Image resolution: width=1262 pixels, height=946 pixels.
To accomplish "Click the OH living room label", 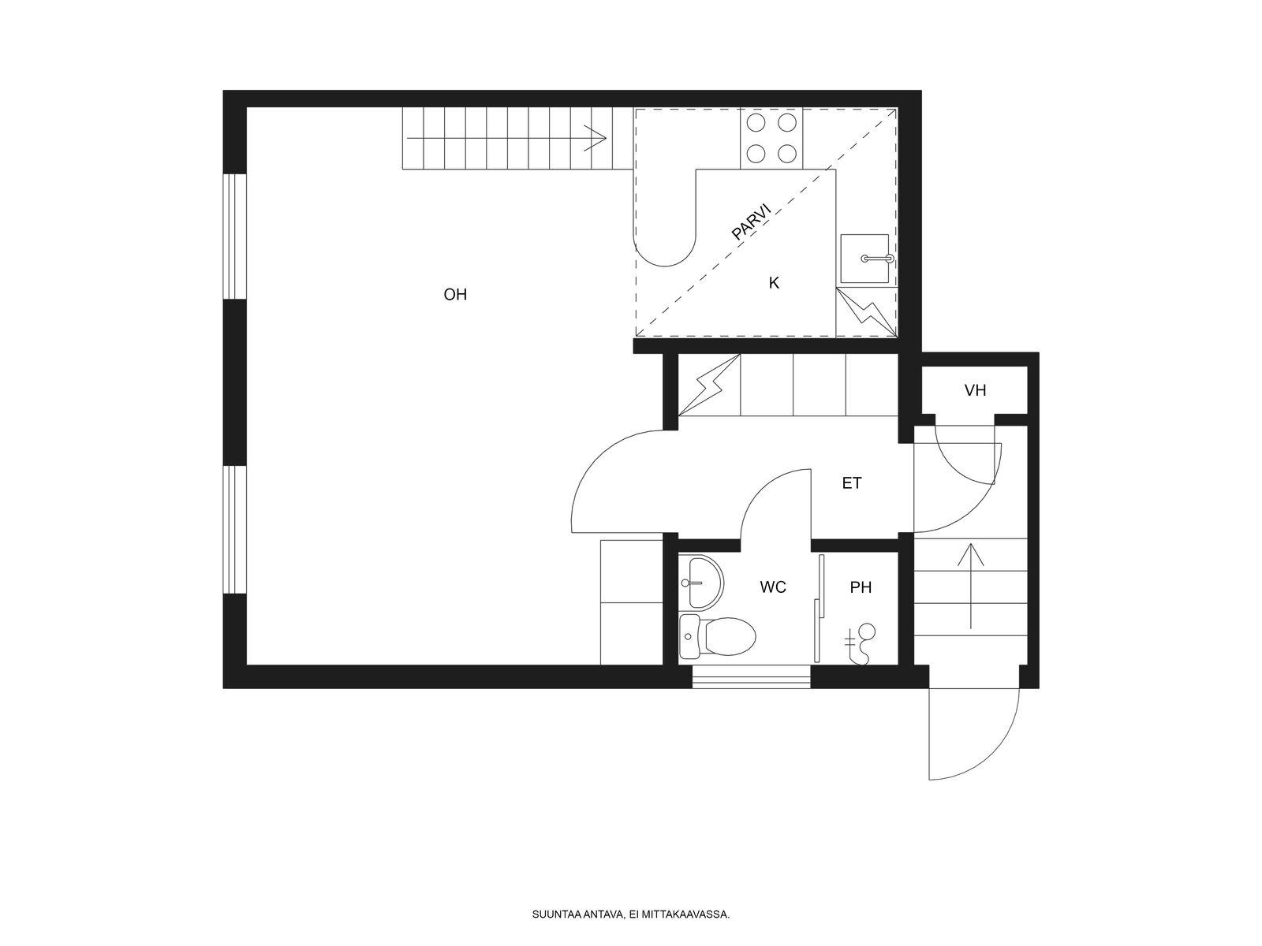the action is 455,295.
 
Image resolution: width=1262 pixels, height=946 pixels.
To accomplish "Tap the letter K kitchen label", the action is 774,282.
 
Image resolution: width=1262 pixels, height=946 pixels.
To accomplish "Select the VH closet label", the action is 975,390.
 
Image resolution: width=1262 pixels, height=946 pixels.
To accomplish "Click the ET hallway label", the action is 852,483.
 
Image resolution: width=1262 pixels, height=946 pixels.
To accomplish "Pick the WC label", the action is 773,587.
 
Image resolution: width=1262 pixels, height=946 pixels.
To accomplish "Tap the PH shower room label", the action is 861,587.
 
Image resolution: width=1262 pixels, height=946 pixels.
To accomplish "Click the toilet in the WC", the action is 717,636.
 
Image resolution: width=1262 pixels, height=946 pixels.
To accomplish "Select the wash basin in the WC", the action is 700,581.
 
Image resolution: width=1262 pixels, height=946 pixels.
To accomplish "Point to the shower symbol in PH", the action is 860,644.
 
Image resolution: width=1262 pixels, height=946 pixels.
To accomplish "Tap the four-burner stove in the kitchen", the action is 771,139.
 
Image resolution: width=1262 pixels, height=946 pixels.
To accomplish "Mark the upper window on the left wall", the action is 234,236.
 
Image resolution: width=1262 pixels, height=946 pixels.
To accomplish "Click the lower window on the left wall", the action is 234,529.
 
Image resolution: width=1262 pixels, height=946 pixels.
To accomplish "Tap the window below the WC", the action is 751,676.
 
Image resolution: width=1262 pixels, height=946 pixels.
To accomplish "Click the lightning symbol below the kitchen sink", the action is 866,312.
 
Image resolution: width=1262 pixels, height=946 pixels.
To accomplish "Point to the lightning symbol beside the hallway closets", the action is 709,384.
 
